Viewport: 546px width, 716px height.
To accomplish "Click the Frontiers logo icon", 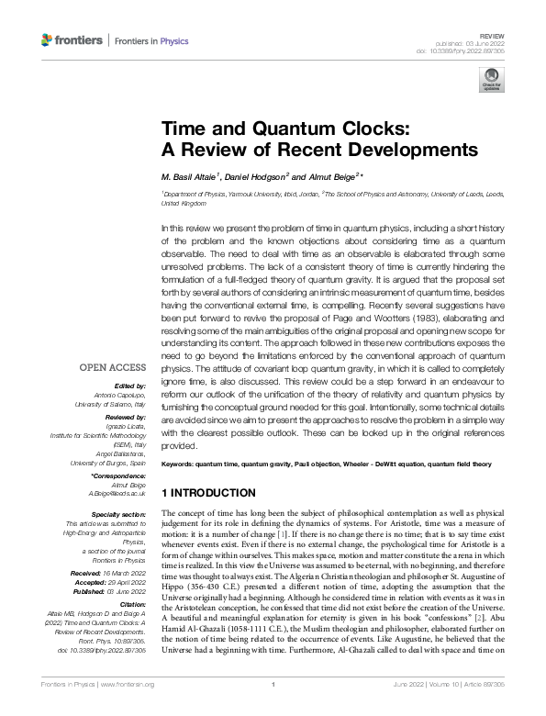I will [x=49, y=40].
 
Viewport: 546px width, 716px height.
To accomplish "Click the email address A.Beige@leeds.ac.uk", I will [x=119, y=493].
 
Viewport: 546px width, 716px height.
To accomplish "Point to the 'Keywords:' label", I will [x=179, y=465].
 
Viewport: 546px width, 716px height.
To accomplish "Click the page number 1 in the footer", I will [x=273, y=710].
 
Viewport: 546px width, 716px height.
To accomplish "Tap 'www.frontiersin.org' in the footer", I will [x=127, y=710].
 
